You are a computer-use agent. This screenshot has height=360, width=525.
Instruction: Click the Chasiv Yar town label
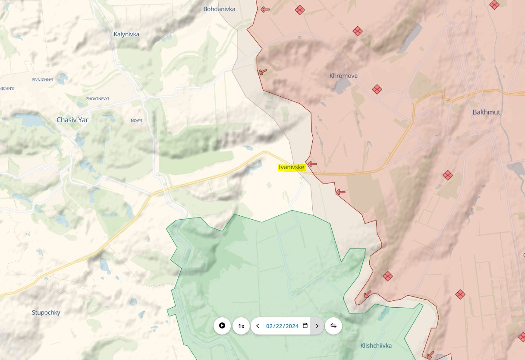[x=72, y=120]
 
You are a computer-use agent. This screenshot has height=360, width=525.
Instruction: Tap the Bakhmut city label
[x=486, y=112]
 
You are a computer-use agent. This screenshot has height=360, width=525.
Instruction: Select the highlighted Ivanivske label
[x=291, y=167]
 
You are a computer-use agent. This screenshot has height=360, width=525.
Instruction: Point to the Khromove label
[x=343, y=76]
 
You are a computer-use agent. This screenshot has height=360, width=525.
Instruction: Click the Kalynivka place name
[x=126, y=34]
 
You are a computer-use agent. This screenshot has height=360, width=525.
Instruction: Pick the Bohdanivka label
[x=219, y=9]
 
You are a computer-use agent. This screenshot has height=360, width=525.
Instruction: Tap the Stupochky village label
[x=46, y=313]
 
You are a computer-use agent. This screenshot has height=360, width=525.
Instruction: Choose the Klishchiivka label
[x=376, y=346]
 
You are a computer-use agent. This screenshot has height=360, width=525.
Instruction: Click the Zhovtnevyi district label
[x=97, y=99]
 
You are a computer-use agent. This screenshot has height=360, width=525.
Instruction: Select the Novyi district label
[x=136, y=120]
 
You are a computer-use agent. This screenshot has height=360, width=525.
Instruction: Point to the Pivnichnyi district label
[x=42, y=80]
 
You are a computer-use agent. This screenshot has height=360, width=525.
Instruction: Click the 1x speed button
[x=241, y=326]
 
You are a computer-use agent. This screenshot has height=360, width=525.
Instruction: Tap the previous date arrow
[x=258, y=326]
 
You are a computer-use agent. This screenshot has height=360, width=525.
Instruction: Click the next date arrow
[x=317, y=326]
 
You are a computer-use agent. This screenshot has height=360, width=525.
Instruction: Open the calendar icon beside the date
[x=305, y=326]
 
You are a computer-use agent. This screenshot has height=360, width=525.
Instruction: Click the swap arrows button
[x=333, y=326]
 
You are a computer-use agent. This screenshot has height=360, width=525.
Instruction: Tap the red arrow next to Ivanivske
[x=312, y=164]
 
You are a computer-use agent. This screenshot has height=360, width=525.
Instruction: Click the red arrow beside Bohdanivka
[x=265, y=9]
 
